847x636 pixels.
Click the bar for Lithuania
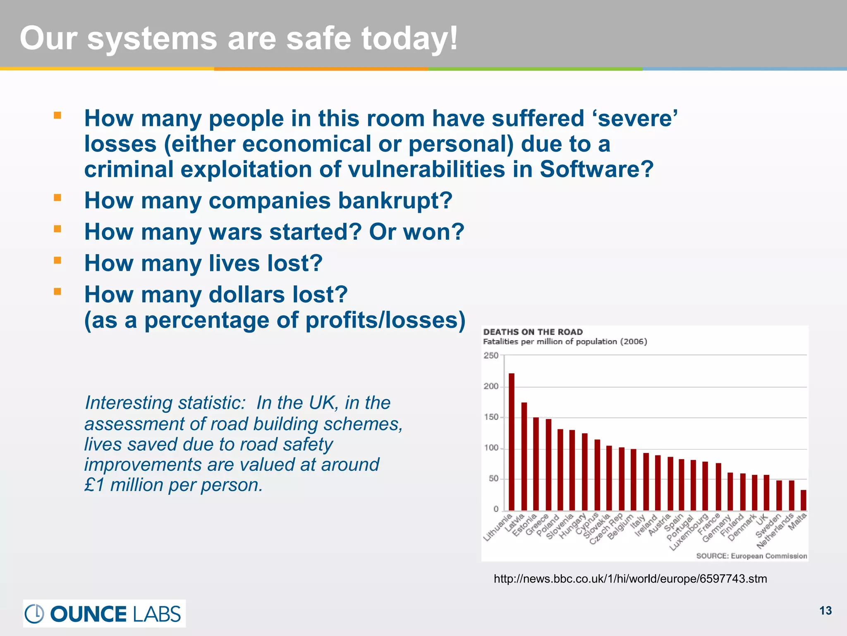pos(512,442)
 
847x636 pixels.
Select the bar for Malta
pos(803,500)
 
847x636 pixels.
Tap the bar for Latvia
pos(524,456)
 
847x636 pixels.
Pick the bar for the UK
pos(766,493)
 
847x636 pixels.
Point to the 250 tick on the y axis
pos(491,356)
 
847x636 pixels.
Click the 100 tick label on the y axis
pos(491,448)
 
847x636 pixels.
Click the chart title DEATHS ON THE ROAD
pos(533,332)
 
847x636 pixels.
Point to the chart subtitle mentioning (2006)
pos(565,342)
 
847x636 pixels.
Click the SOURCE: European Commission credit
pos(751,556)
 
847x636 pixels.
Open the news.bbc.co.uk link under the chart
pos(630,579)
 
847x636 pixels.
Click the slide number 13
pos(825,611)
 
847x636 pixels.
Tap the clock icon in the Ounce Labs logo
pos(34,614)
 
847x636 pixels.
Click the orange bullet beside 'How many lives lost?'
pos(57,260)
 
